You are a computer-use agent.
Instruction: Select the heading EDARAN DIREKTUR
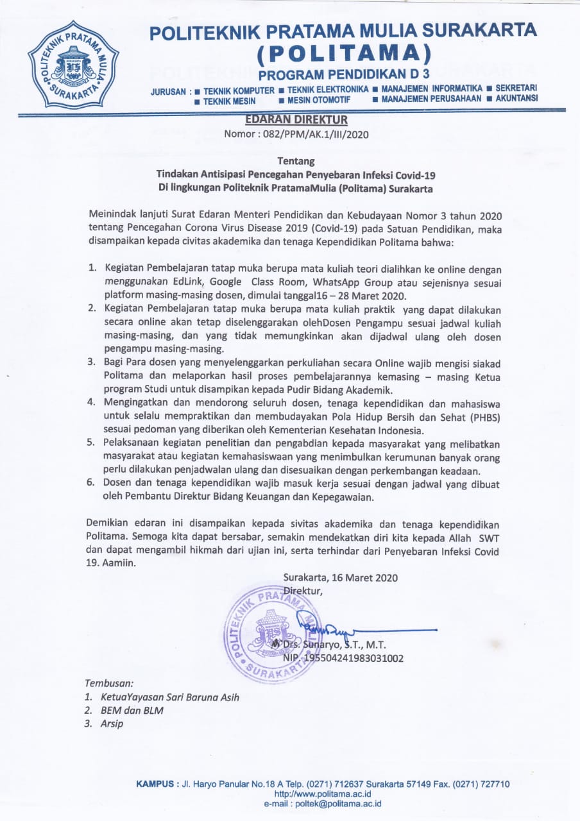(296, 119)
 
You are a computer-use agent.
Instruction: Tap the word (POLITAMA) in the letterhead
(343, 51)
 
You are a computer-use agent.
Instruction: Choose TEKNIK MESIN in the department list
(229, 101)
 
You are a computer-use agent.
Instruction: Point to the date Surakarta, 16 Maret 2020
(340, 577)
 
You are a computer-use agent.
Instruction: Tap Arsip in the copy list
(112, 724)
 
